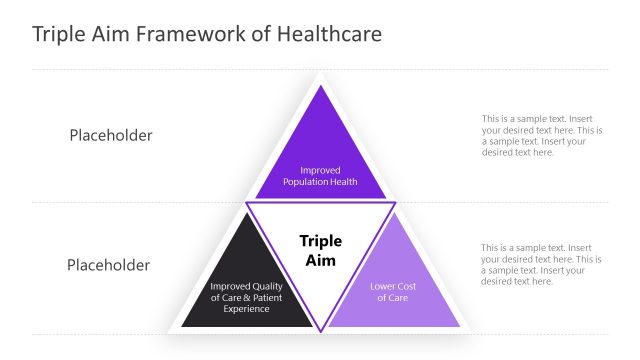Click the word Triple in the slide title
(61, 34)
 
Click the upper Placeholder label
(111, 135)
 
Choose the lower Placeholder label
(108, 265)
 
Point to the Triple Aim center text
(320, 251)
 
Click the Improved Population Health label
(320, 176)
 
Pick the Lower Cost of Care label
(392, 292)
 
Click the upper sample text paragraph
(541, 135)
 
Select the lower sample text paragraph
(541, 264)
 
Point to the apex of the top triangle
(320, 87)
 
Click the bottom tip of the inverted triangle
(320, 330)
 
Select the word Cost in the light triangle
(404, 287)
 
